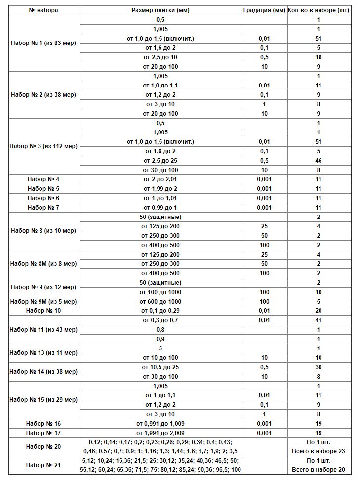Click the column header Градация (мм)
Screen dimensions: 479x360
(264, 10)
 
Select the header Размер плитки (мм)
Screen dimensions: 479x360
(160, 10)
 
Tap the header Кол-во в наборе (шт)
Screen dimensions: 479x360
(319, 10)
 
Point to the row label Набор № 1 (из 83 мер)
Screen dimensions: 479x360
(43, 43)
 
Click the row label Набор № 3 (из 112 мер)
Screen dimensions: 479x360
(43, 146)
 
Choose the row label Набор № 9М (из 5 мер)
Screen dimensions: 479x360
(43, 302)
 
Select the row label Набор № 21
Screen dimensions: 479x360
(43, 465)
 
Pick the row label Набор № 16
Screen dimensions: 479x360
(43, 424)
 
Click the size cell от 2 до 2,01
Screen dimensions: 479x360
(160, 179)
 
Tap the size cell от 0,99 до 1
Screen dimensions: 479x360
(160, 208)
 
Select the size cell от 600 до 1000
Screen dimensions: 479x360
(160, 302)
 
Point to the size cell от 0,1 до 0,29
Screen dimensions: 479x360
(160, 311)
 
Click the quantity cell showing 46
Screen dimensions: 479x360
(319, 161)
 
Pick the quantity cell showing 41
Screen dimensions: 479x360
(319, 320)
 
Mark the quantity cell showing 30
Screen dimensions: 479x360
(319, 367)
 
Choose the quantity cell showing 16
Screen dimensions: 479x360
(319, 57)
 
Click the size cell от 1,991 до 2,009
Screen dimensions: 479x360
(160, 433)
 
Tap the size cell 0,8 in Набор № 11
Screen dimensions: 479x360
(160, 330)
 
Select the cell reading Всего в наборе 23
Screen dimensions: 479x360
(319, 451)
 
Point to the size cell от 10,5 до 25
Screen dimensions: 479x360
(160, 367)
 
